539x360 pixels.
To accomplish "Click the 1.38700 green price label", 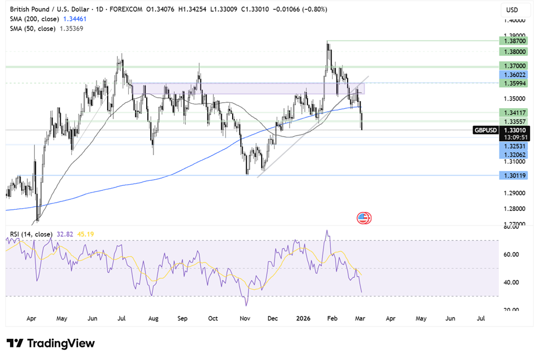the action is point(513,41).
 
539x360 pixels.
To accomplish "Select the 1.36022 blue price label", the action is point(513,75).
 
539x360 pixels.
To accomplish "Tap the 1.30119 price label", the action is point(513,176).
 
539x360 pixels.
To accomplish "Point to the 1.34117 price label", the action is point(513,112).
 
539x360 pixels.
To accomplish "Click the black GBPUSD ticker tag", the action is point(485,130).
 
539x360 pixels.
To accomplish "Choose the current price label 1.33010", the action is point(514,130).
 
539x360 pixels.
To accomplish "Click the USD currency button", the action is point(512,10).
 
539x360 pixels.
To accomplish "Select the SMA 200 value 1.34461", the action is point(75,19).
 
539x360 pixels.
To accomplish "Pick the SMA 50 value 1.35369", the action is point(71,28).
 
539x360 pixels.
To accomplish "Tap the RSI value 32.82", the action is point(65,234).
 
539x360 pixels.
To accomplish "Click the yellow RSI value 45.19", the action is point(85,234).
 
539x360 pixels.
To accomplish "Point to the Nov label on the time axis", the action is point(245,318).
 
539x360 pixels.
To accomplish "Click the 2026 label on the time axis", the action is point(303,318).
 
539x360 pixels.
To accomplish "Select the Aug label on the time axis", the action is point(153,318).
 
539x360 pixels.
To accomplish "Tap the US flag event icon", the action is point(364,218).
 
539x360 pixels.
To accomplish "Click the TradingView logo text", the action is point(61,343).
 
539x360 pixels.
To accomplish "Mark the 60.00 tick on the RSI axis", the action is point(511,255).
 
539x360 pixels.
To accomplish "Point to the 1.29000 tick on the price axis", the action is point(514,193).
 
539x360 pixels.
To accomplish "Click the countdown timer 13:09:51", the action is point(516,137).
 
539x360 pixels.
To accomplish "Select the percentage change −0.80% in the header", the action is point(315,9).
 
